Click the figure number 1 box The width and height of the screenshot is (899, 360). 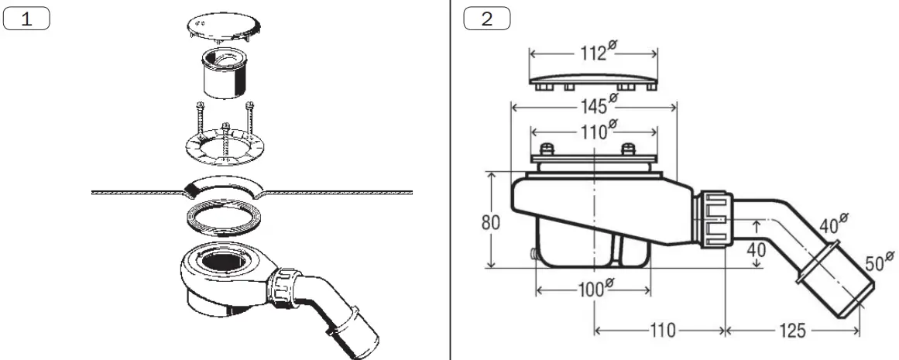[x=27, y=19]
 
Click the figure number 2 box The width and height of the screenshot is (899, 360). [x=487, y=19]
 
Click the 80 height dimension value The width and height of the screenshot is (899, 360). [x=491, y=222]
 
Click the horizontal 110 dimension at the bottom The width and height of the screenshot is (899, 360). [x=661, y=331]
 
